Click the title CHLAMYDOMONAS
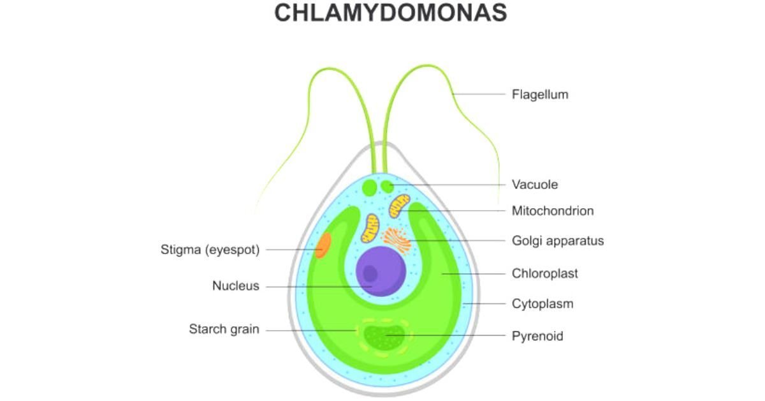(390, 13)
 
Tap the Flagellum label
(540, 95)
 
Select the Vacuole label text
(535, 185)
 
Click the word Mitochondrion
(553, 211)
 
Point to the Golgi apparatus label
(558, 241)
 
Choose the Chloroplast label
(545, 273)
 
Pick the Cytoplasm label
(543, 303)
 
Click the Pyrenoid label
(537, 335)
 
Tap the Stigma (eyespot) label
(210, 250)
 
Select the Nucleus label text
(236, 286)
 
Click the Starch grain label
(224, 329)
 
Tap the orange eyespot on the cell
(323, 245)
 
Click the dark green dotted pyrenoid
(383, 337)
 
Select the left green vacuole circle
(370, 187)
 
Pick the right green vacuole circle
(387, 186)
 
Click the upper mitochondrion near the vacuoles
(400, 205)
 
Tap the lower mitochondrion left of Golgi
(370, 229)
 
